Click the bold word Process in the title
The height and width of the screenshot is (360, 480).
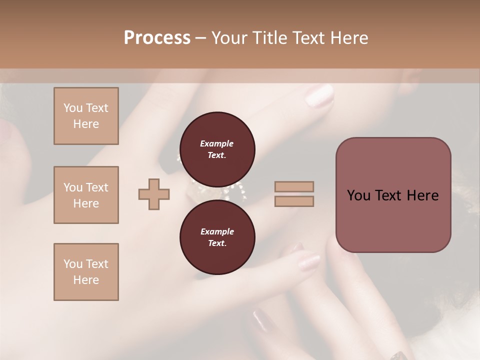click(157, 38)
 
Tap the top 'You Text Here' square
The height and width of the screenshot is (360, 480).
click(86, 116)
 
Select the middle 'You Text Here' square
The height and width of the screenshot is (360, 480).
click(86, 195)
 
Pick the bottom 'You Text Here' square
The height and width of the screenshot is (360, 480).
click(86, 271)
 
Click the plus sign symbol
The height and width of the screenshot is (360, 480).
click(153, 194)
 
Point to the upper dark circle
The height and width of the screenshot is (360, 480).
click(217, 149)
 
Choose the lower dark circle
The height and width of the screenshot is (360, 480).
click(217, 237)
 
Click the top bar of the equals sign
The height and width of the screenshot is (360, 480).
click(294, 186)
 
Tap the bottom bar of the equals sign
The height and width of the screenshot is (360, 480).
click(294, 201)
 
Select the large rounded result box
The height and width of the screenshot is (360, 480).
click(393, 195)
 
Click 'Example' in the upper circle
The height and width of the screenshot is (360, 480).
click(217, 143)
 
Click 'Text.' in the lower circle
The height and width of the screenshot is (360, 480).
click(217, 243)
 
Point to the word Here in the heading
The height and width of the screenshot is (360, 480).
click(348, 38)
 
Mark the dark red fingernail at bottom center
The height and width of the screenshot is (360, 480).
click(261, 320)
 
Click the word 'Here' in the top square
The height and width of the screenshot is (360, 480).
click(86, 124)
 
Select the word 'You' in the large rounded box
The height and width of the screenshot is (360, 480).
click(358, 195)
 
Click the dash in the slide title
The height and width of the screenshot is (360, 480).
click(200, 38)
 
